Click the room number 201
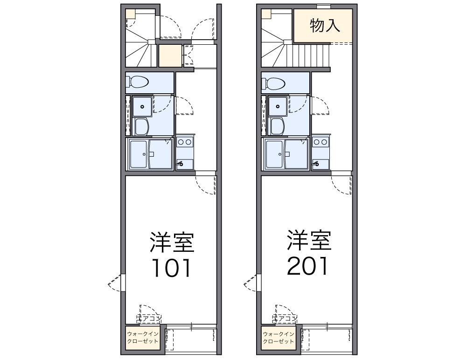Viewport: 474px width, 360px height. tap(307, 266)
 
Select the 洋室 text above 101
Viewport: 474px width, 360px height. tap(171, 242)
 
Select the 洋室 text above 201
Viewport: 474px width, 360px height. tap(308, 241)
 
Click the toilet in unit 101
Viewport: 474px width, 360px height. tap(139, 83)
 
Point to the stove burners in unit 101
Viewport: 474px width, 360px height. tap(185, 141)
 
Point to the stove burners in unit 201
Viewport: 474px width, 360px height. tap(321, 141)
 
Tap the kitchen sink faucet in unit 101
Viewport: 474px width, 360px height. tap(181, 163)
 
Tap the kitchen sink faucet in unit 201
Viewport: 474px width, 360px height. tap(317, 163)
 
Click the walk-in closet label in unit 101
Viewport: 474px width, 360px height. tap(143, 337)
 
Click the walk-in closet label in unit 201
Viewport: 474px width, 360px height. tap(279, 338)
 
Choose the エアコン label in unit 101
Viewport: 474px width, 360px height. tap(149, 318)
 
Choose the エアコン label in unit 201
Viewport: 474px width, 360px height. tap(285, 318)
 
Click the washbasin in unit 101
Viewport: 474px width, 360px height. tap(141, 105)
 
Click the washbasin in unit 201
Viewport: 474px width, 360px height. tap(278, 105)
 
